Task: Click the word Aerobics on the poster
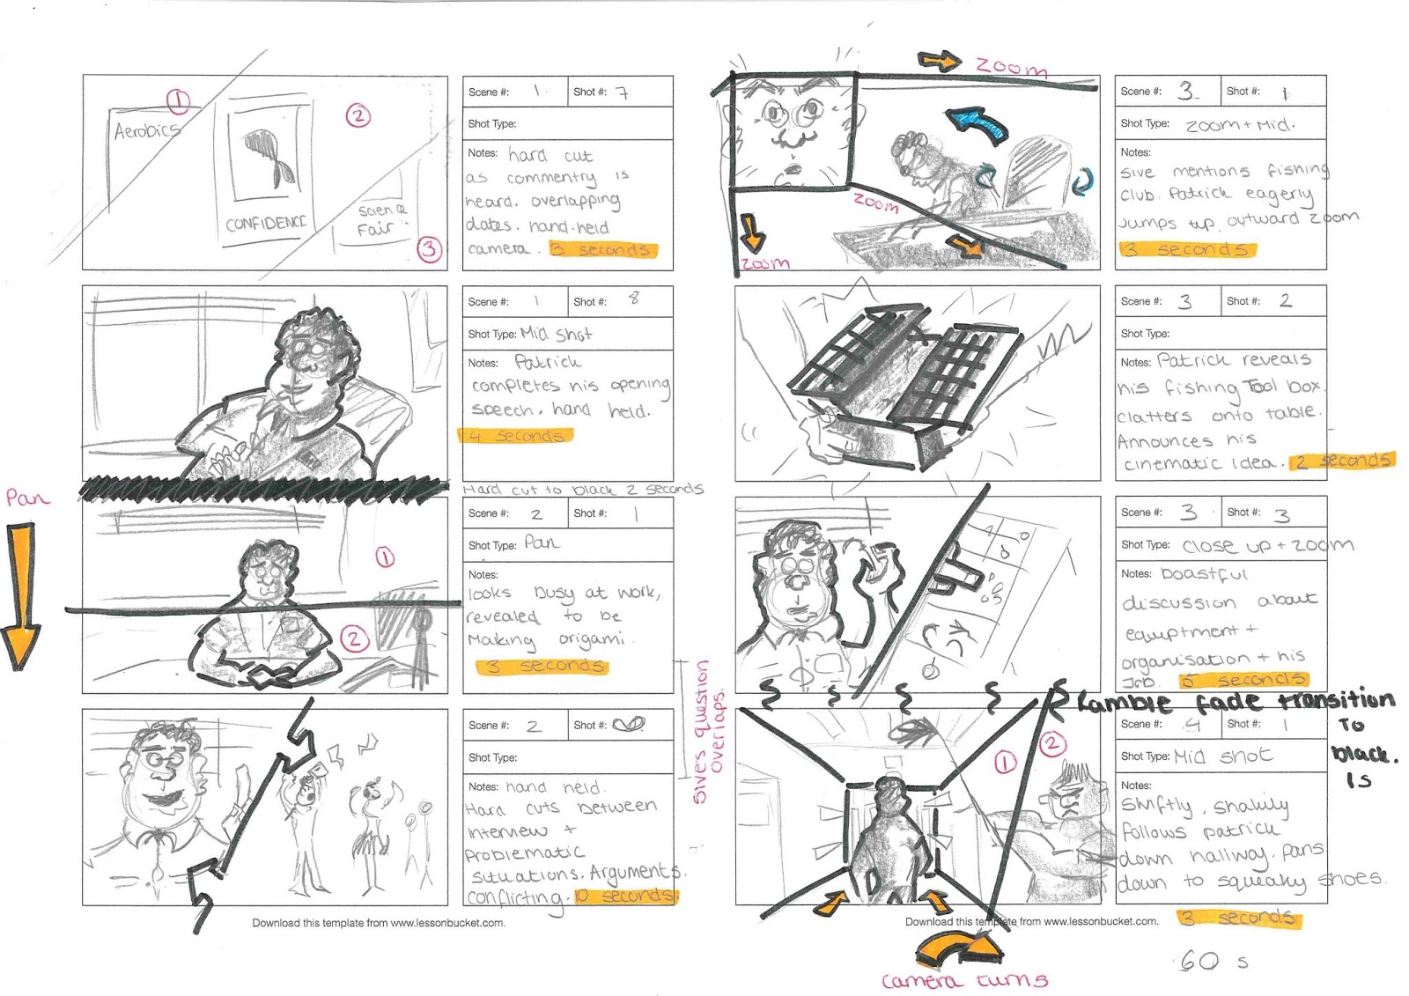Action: [x=146, y=131]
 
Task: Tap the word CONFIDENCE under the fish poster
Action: [x=265, y=223]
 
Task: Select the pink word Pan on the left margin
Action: [x=27, y=498]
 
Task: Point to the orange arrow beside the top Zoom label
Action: [x=939, y=61]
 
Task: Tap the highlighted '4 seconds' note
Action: [x=516, y=436]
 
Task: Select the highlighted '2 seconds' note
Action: [x=1341, y=461]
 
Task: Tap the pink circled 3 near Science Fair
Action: [x=428, y=248]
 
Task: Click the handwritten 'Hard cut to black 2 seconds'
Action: [x=582, y=490]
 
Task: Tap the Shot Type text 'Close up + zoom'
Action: [x=1267, y=545]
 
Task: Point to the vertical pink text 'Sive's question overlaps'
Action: [x=709, y=731]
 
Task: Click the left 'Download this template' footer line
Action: [x=379, y=923]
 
